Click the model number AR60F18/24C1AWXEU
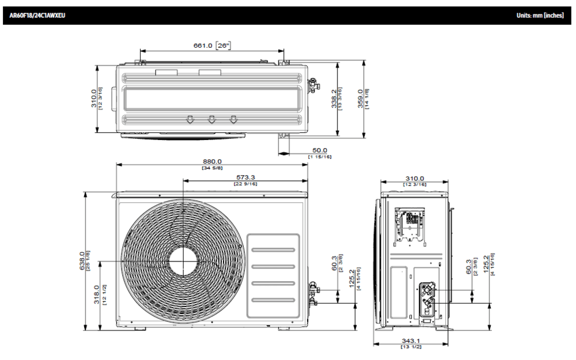37,16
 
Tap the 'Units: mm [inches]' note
540,16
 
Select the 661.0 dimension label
202,46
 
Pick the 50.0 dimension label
319,150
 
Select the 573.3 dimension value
246,177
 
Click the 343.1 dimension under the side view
411,341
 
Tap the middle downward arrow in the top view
211,120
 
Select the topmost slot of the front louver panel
273,249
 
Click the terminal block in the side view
411,221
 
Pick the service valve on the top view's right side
313,85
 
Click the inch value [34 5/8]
211,168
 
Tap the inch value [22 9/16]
246,184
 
